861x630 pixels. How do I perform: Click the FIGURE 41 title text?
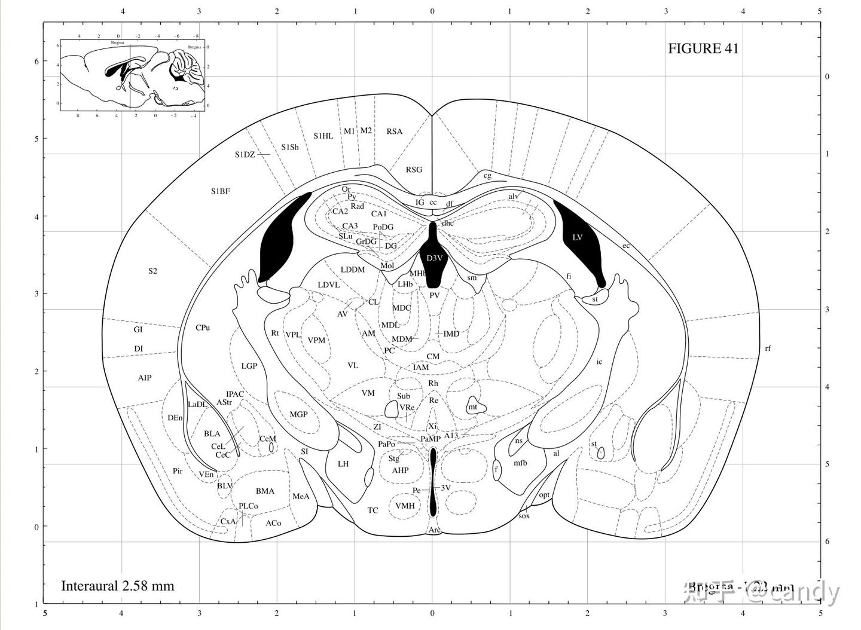[x=703, y=48]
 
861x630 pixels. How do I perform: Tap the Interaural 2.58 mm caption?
[x=117, y=585]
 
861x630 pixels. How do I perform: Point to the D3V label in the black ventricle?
[x=434, y=258]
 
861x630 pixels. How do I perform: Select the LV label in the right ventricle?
[x=577, y=237]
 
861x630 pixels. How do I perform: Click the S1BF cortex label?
[x=220, y=191]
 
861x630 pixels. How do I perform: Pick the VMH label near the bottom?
[x=405, y=506]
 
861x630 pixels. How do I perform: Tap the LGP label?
[x=249, y=366]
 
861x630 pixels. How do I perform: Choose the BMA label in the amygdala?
[x=265, y=491]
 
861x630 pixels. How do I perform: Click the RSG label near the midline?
[x=414, y=170]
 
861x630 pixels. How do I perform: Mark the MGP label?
[x=298, y=414]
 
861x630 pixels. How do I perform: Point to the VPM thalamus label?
[x=316, y=340]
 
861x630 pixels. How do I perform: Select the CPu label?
[x=203, y=328]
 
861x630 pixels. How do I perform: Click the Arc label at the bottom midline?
[x=434, y=530]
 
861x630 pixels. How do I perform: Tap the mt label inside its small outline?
[x=473, y=407]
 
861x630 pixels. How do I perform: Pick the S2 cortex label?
[x=152, y=271]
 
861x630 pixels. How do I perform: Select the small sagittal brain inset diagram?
[x=132, y=75]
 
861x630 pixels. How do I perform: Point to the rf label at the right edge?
[x=768, y=348]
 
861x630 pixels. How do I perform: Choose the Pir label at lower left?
[x=178, y=471]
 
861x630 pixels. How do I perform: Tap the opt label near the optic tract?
[x=544, y=495]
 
